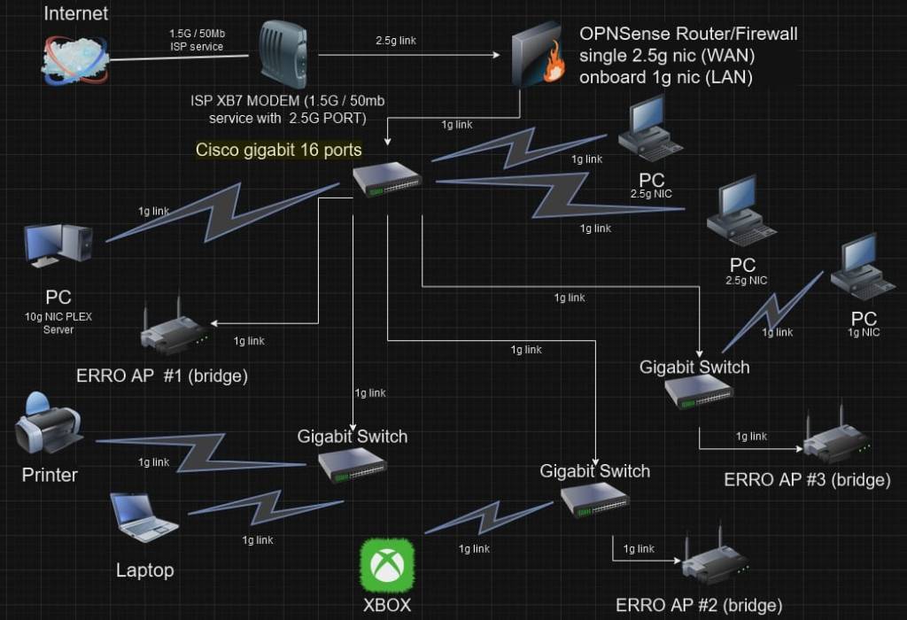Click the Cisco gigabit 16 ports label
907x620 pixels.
[x=279, y=150]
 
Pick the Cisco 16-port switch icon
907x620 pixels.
[x=387, y=180]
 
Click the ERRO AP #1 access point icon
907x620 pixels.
[x=174, y=333]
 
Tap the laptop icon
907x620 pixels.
[x=143, y=517]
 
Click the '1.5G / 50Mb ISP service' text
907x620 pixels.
[x=196, y=40]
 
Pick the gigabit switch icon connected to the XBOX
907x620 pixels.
[x=594, y=500]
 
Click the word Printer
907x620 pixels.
[x=50, y=475]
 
